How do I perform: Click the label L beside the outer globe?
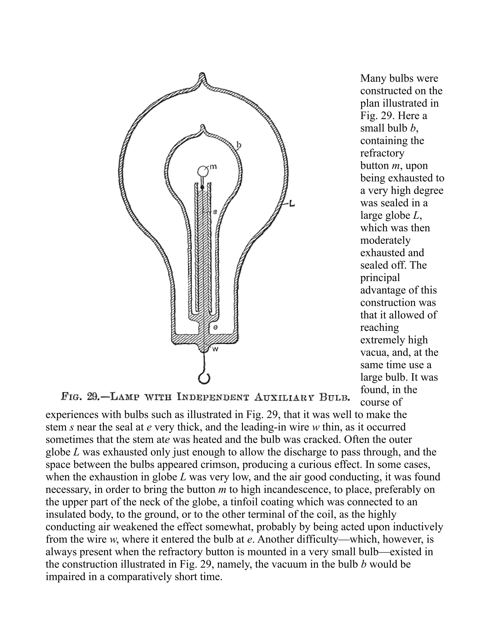point(292,204)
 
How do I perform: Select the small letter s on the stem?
point(215,212)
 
